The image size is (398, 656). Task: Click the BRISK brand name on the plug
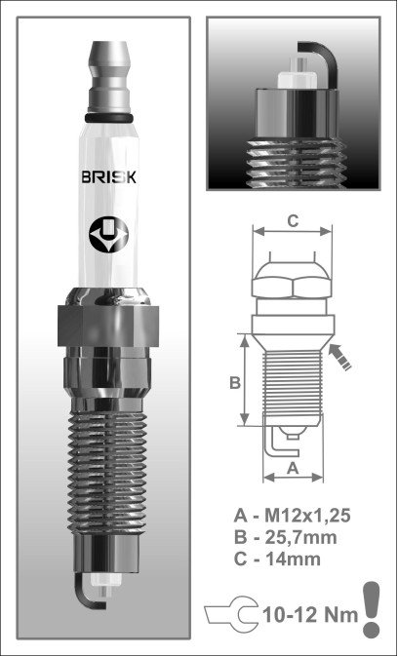tap(108, 177)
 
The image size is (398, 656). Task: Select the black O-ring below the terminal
tap(109, 118)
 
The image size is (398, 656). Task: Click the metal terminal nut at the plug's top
tap(109, 77)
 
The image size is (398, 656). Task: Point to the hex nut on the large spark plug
tap(108, 326)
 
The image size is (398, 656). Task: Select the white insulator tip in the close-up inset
tap(298, 74)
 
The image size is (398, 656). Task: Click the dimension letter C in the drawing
tap(293, 221)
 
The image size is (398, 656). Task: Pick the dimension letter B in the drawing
tap(235, 382)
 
